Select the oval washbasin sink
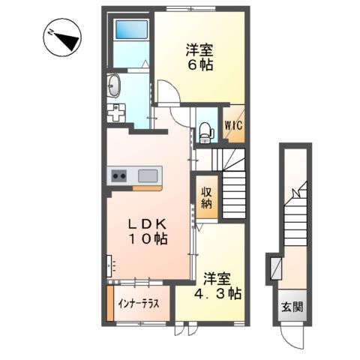(x=113, y=86)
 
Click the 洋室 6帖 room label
(x=199, y=58)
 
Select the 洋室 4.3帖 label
(x=214, y=284)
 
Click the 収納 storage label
(x=206, y=196)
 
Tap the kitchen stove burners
(x=119, y=176)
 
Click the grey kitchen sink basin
(x=147, y=176)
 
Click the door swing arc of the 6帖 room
(x=166, y=98)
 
